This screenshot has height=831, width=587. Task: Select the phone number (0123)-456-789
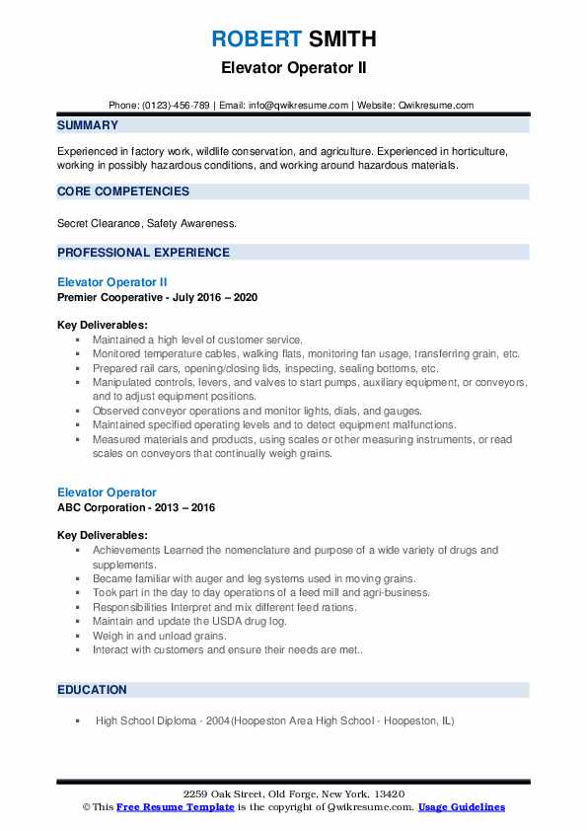pos(175,105)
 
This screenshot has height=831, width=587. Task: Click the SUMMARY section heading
pos(88,125)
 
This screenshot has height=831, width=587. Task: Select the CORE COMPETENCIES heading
pos(123,191)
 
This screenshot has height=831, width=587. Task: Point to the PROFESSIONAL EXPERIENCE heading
pos(143,252)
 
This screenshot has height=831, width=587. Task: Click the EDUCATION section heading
pos(92,690)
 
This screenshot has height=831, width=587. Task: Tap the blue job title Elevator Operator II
pos(112,282)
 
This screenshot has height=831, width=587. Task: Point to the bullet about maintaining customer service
pos(197,340)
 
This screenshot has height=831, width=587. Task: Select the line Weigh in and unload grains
pos(159,637)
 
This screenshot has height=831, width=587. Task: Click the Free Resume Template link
pos(176,807)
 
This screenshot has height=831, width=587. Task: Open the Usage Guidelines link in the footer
pos(461,807)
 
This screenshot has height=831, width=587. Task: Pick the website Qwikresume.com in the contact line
pos(436,105)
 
